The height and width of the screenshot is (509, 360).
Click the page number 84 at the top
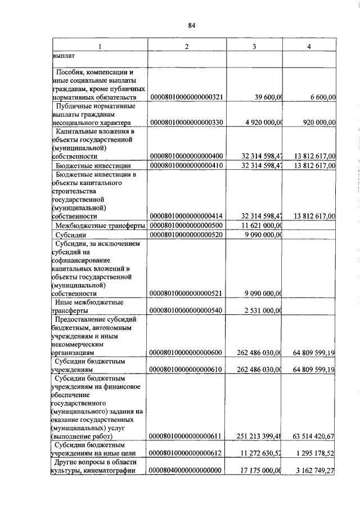(191, 25)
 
